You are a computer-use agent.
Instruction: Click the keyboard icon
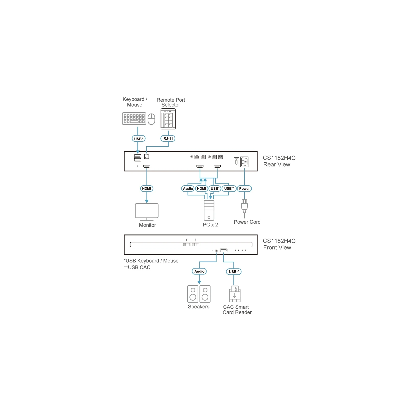134,119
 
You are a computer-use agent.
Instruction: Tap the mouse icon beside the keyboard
151,119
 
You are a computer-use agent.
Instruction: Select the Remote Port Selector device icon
168,119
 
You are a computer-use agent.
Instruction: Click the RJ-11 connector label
168,139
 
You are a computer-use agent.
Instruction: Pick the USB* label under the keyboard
138,139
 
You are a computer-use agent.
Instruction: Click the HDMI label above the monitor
147,189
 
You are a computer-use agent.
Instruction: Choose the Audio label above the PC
188,189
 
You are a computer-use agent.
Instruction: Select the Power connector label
244,189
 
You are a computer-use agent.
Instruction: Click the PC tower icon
209,210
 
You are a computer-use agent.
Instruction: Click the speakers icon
199,294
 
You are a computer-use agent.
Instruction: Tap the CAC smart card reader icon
234,294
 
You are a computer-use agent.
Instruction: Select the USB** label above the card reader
234,272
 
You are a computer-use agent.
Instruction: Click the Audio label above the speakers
199,271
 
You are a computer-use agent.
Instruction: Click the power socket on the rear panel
244,162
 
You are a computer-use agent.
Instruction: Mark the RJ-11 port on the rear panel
147,156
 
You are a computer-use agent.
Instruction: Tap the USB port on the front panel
224,250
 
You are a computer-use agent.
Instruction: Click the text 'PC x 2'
210,225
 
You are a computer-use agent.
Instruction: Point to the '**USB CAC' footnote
137,268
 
